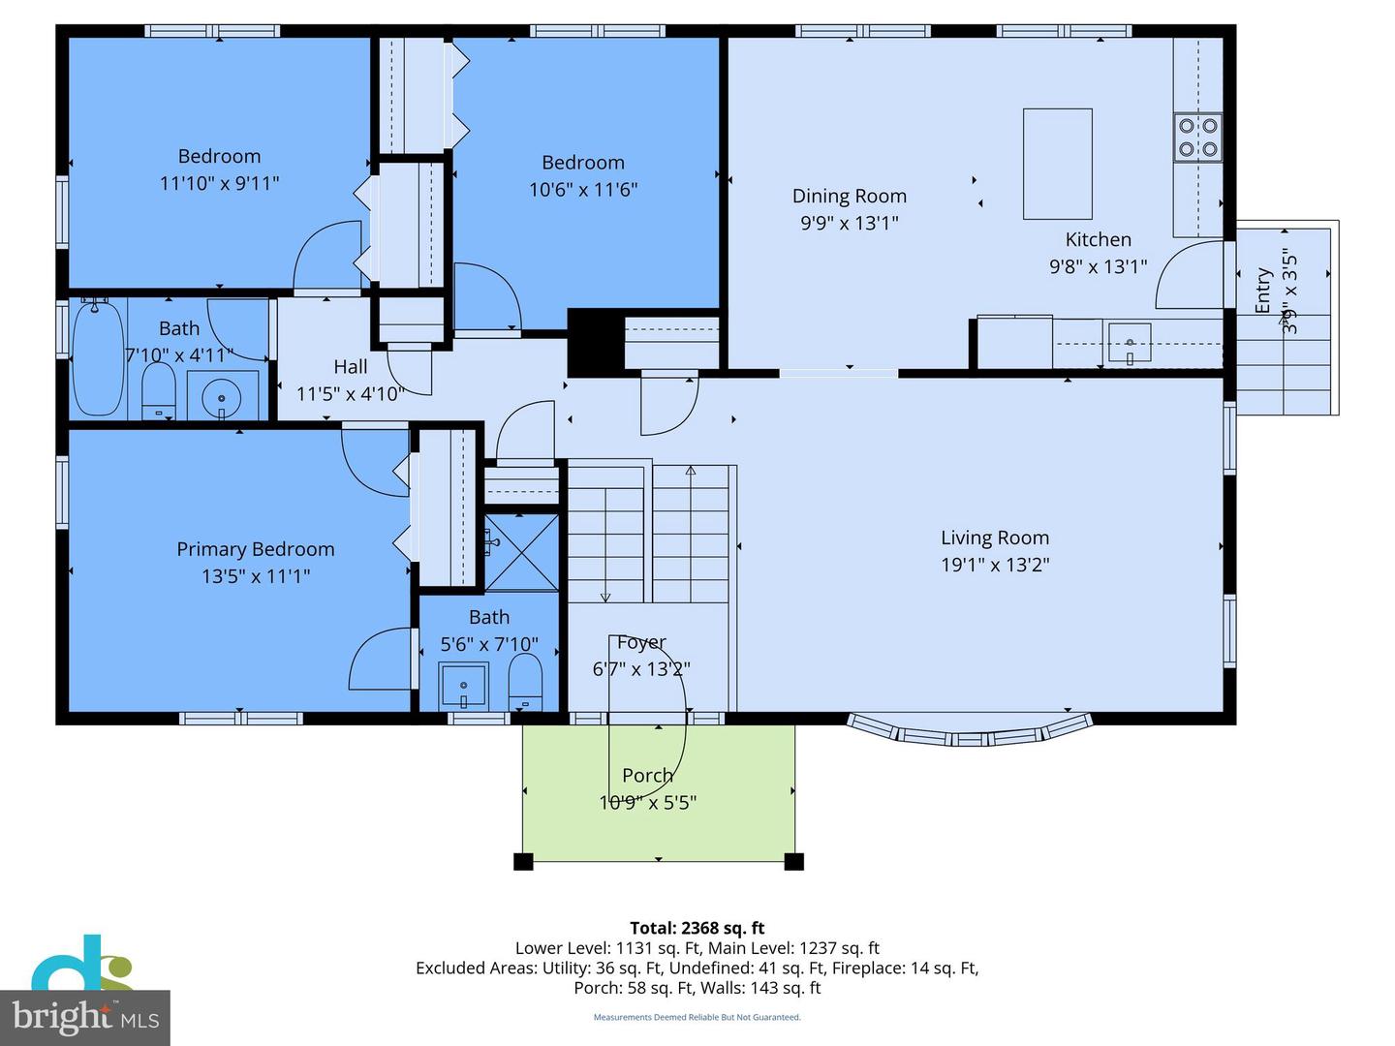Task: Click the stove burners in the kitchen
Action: click(1197, 138)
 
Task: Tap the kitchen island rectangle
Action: click(1057, 164)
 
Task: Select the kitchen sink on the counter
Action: click(1130, 343)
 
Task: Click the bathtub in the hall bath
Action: click(98, 357)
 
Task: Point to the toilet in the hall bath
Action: click(158, 390)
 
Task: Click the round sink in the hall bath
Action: click(223, 396)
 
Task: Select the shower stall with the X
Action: click(521, 552)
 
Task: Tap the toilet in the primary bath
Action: click(525, 680)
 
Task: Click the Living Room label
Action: click(995, 538)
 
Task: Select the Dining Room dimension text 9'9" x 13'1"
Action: click(849, 223)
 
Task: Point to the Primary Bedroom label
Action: click(256, 549)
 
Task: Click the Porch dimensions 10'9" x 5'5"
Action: click(647, 802)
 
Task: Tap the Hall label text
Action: click(350, 366)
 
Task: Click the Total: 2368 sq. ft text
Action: click(697, 928)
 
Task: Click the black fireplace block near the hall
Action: click(593, 343)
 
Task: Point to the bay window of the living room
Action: click(970, 733)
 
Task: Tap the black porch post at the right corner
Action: click(793, 861)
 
